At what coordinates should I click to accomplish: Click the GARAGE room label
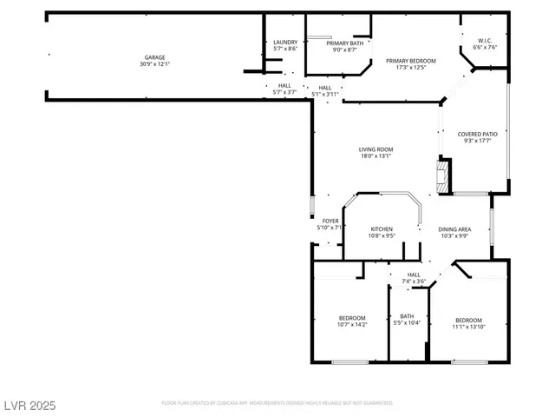point(154,57)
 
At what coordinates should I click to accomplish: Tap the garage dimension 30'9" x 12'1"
point(154,64)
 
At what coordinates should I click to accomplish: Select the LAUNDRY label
point(285,43)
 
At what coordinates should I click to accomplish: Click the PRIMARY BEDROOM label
point(411,60)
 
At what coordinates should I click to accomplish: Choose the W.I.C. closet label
point(485,41)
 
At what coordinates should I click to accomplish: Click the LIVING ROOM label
point(376,149)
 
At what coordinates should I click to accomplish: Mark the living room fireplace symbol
point(444,175)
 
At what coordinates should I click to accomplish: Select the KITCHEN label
point(382,229)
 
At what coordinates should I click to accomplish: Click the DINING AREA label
point(454,229)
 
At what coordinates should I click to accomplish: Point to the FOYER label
point(330,221)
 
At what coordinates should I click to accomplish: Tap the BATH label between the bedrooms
point(407,316)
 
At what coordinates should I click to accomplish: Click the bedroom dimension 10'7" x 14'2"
point(352,325)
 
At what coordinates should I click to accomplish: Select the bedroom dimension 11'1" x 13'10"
point(468,327)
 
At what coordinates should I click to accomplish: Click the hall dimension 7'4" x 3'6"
point(414,281)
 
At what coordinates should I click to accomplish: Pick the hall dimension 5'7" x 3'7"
point(284,92)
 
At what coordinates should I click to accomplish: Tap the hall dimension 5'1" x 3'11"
point(325,94)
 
